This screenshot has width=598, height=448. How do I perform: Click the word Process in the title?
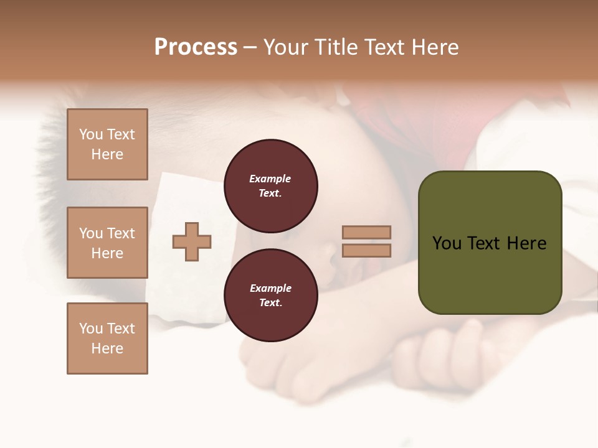pyautogui.click(x=196, y=47)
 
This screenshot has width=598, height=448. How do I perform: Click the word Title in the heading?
pyautogui.click(x=335, y=47)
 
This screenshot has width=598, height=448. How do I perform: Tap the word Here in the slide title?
pyautogui.click(x=434, y=47)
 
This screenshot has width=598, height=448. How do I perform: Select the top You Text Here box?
pyautogui.click(x=107, y=144)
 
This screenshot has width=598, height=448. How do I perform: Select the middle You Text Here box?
pyautogui.click(x=107, y=243)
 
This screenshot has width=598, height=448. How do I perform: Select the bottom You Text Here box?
pyautogui.click(x=107, y=338)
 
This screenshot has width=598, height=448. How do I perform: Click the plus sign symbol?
pyautogui.click(x=192, y=241)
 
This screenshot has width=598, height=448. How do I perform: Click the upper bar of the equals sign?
pyautogui.click(x=366, y=232)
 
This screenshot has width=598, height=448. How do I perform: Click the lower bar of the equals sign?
pyautogui.click(x=366, y=250)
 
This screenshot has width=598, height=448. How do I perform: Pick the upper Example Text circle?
pyautogui.click(x=270, y=185)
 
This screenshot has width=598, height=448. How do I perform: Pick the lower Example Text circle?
pyautogui.click(x=270, y=295)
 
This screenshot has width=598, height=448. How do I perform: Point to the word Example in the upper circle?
pyautogui.click(x=270, y=179)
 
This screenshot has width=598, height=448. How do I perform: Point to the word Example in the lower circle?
pyautogui.click(x=270, y=288)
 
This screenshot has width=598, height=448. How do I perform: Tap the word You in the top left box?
pyautogui.click(x=91, y=134)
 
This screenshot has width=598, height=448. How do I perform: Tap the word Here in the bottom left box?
pyautogui.click(x=107, y=348)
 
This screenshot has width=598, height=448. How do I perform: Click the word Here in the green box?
pyautogui.click(x=526, y=243)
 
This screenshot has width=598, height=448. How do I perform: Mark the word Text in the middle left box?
pyautogui.click(x=120, y=233)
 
